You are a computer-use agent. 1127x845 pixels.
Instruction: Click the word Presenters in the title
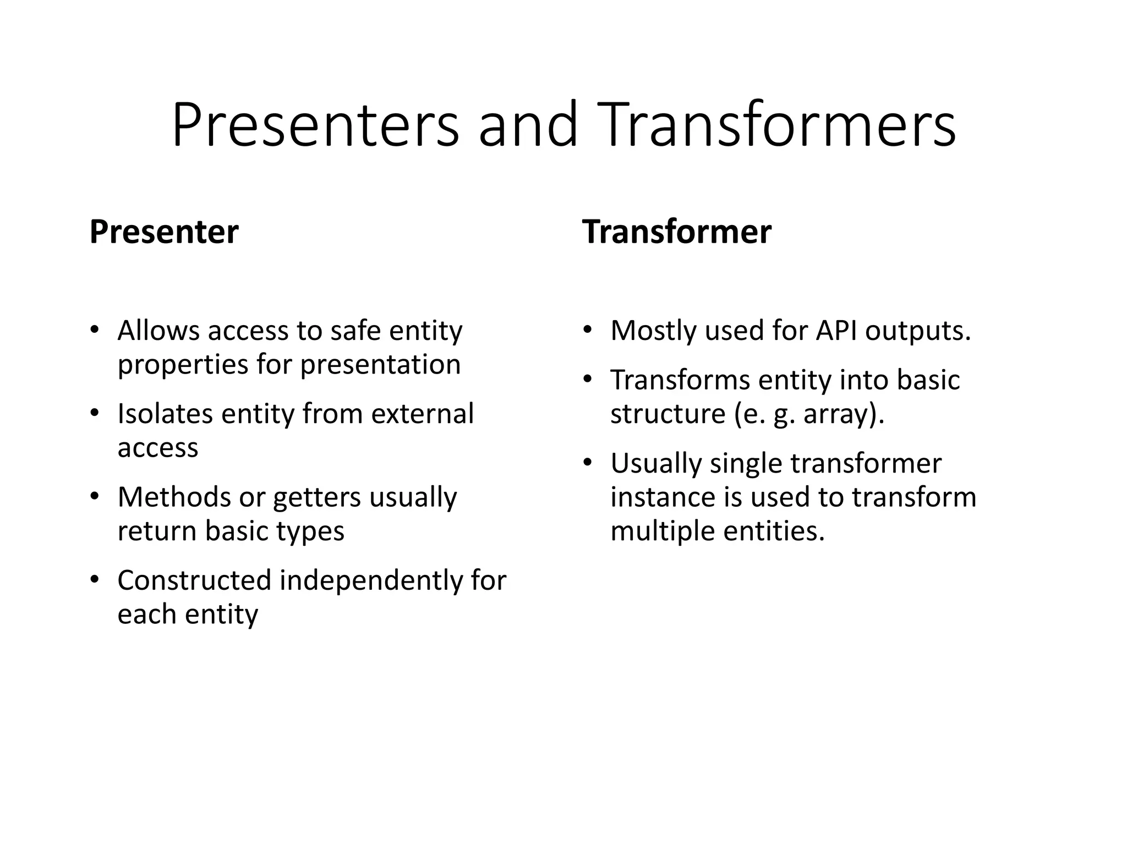tap(315, 125)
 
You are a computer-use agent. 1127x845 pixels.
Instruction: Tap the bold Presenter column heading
tap(164, 232)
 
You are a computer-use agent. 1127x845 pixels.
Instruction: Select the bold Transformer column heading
tap(676, 232)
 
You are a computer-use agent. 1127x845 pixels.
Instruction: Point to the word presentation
tap(380, 365)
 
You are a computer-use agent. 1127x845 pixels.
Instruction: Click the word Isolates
tap(165, 414)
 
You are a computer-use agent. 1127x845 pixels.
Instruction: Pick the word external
tap(422, 414)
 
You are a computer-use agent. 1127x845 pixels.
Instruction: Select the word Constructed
tap(194, 580)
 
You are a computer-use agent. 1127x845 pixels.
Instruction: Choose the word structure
tap(668, 414)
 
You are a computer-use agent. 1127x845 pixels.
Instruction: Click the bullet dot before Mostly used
tap(588, 331)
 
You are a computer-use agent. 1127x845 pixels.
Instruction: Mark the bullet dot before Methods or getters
tap(95, 497)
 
